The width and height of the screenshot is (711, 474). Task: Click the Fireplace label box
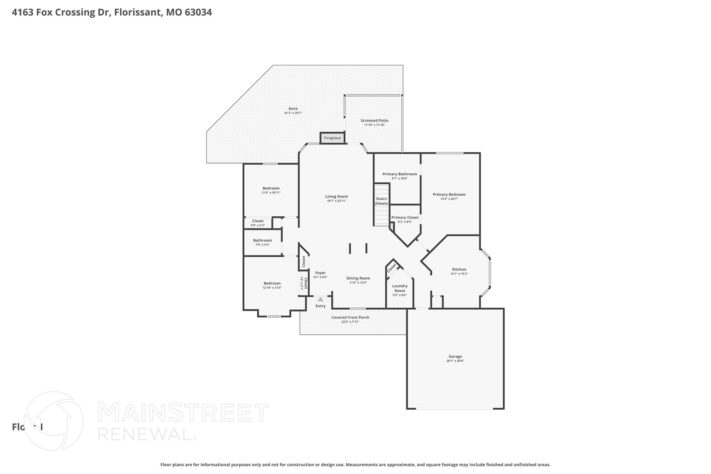tap(332, 138)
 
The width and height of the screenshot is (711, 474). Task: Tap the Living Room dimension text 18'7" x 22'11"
tap(336, 201)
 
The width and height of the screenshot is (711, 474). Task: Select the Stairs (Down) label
tap(381, 201)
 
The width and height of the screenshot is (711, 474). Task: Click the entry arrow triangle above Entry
tap(320, 299)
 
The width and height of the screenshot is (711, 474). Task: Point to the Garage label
tap(455, 356)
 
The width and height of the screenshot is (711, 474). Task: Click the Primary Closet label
tap(405, 217)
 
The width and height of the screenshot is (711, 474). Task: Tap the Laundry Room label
tap(400, 288)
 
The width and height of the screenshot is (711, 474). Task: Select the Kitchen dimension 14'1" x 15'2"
tap(459, 274)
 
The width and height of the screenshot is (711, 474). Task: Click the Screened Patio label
tap(374, 120)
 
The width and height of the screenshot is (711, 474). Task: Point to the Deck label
tap(293, 108)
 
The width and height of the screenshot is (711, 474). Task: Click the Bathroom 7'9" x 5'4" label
tap(262, 240)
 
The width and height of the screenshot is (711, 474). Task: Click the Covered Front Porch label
tap(350, 317)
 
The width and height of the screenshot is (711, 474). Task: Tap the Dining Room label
tap(358, 278)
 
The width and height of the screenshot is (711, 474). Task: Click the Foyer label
tap(320, 273)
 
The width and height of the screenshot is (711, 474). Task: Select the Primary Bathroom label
tap(400, 174)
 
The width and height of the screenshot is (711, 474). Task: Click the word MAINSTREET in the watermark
tap(183, 413)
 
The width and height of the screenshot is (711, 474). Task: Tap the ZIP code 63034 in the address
tap(198, 13)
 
